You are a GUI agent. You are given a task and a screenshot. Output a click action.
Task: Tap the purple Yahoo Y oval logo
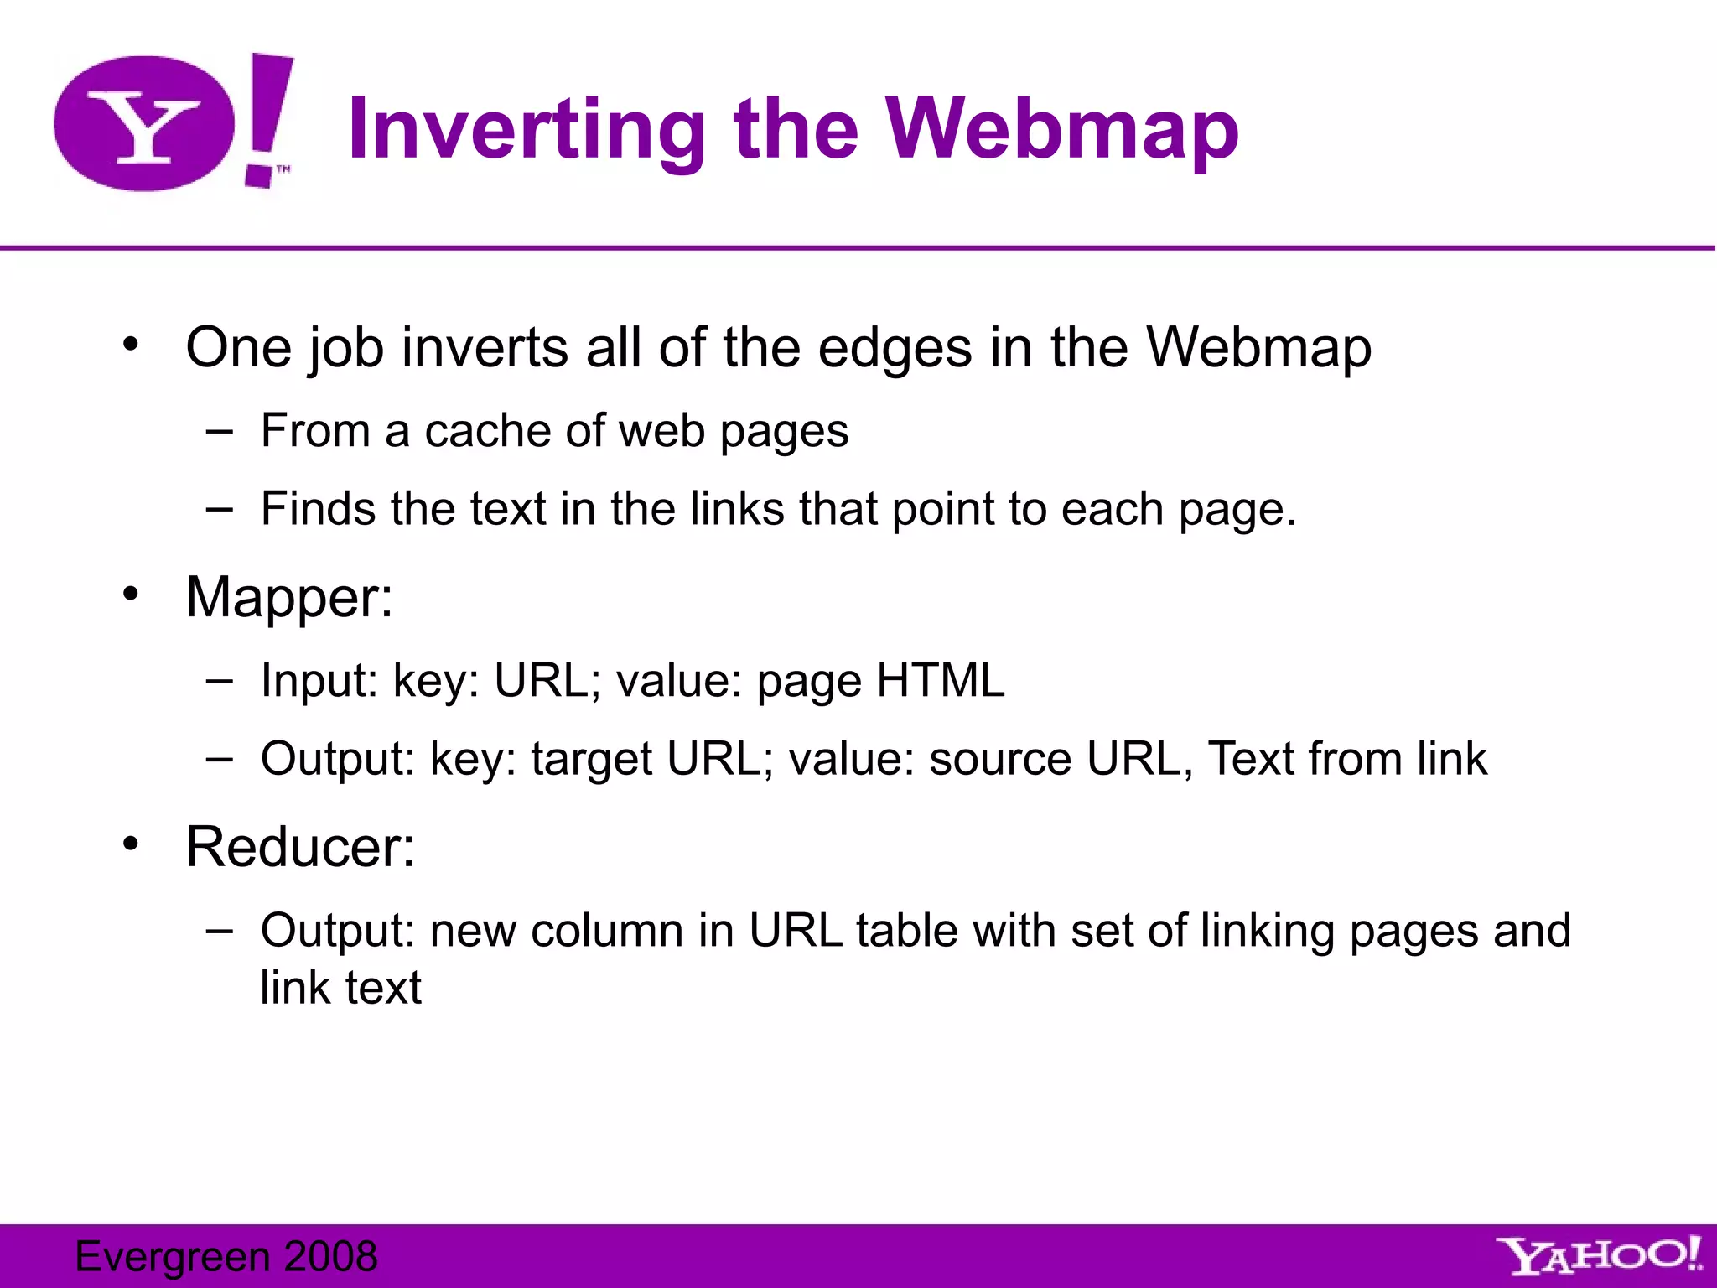point(144,124)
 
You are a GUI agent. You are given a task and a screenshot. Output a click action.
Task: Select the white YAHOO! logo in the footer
point(1600,1255)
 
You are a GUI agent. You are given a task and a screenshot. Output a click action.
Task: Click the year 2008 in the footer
point(331,1256)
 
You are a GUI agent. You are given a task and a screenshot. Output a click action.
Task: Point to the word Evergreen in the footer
point(171,1256)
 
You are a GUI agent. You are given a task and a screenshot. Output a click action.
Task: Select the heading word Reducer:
point(300,846)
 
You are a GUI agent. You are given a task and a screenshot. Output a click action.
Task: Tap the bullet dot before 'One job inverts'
point(130,344)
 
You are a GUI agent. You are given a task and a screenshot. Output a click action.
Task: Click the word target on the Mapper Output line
point(592,759)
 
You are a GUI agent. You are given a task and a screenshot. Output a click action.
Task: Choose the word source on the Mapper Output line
point(999,759)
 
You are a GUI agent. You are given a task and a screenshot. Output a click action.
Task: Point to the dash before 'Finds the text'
point(219,510)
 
